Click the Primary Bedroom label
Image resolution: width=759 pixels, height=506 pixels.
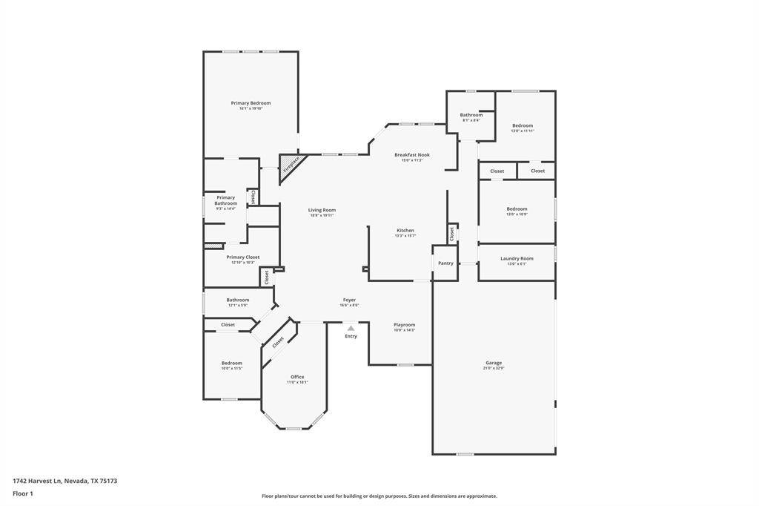251,103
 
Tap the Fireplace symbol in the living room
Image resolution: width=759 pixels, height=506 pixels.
290,165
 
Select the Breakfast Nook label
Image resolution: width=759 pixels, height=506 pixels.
411,155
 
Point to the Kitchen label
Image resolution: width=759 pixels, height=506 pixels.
405,231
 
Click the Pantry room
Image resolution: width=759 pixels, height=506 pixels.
445,263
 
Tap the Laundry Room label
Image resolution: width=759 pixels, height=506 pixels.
517,258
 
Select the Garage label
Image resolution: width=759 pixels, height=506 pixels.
494,363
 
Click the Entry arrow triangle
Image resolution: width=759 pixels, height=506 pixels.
351,326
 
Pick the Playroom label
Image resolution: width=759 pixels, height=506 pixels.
404,324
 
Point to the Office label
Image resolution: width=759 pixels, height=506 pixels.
297,377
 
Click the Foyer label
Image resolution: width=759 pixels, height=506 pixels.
349,300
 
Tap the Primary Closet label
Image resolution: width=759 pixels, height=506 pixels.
242,257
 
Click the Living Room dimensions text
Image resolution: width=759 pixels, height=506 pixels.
322,215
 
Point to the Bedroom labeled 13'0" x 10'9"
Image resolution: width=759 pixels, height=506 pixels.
517,209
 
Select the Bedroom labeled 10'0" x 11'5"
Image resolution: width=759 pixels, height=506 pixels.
231,363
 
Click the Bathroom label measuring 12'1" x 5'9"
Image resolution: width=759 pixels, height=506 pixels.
238,300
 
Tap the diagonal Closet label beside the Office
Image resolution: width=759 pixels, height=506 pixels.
278,342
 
